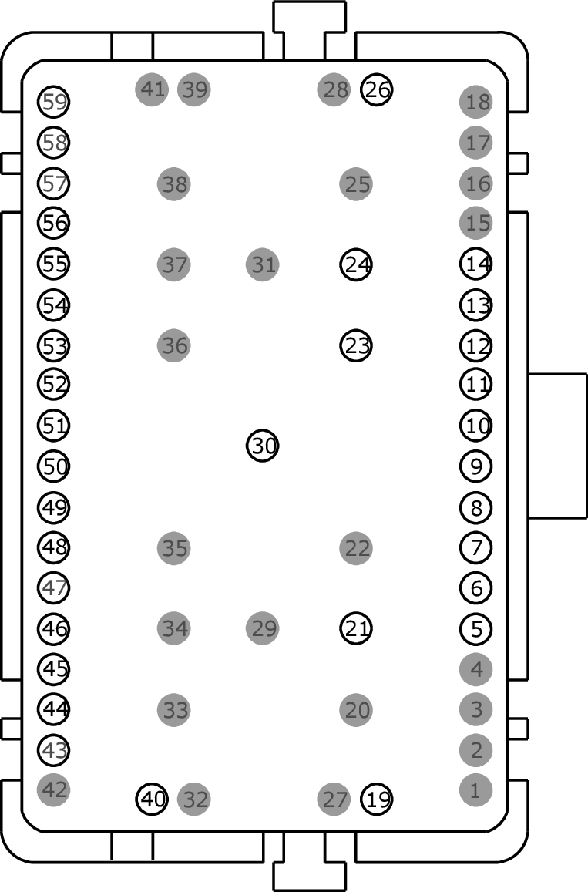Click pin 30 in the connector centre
(x=263, y=446)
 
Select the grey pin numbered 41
(x=152, y=89)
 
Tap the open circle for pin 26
(x=377, y=89)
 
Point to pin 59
(x=53, y=102)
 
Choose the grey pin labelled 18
(x=476, y=102)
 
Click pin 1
(x=476, y=790)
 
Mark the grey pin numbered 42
(x=53, y=790)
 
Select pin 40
(x=152, y=799)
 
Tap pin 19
(x=377, y=799)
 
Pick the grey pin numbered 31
(x=263, y=264)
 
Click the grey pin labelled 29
(x=263, y=628)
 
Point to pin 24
(x=356, y=264)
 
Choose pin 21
(x=356, y=628)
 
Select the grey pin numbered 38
(x=174, y=183)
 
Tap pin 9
(x=476, y=466)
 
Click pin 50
(x=53, y=466)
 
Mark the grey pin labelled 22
(x=356, y=548)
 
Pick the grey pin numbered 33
(x=174, y=710)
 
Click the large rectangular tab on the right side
(x=557, y=446)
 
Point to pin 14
(x=476, y=264)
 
